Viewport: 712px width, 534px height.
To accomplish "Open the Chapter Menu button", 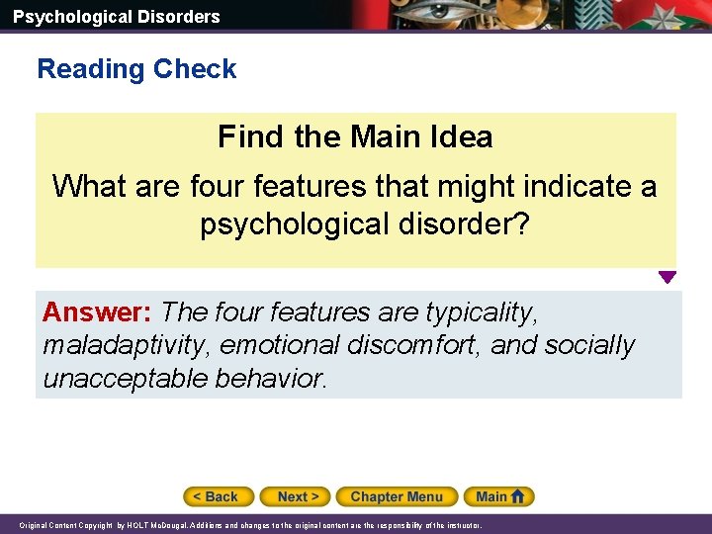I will (397, 496).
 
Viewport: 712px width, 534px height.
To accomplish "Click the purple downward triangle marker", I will (667, 278).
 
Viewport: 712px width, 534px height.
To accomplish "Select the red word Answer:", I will (97, 312).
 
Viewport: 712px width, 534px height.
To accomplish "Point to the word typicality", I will (482, 312).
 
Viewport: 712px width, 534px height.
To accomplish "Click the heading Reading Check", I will (136, 69).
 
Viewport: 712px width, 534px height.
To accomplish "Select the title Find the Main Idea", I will (355, 136).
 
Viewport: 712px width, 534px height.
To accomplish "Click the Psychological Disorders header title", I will (116, 16).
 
